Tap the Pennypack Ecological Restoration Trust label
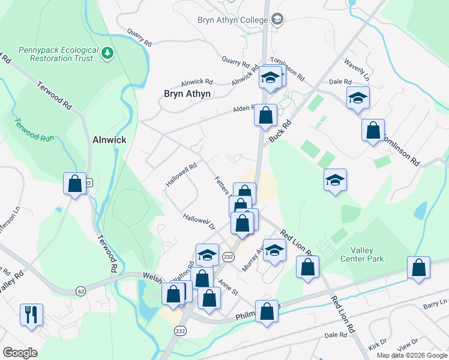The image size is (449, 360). pyautogui.click(x=58, y=54)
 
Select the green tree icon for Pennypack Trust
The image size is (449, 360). pyautogui.click(x=108, y=54)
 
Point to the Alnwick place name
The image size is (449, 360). pyautogui.click(x=110, y=140)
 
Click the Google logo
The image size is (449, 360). pyautogui.click(x=20, y=353)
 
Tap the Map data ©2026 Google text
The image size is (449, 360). pyautogui.click(x=411, y=355)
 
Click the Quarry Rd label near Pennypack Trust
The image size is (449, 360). pyautogui.click(x=139, y=37)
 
